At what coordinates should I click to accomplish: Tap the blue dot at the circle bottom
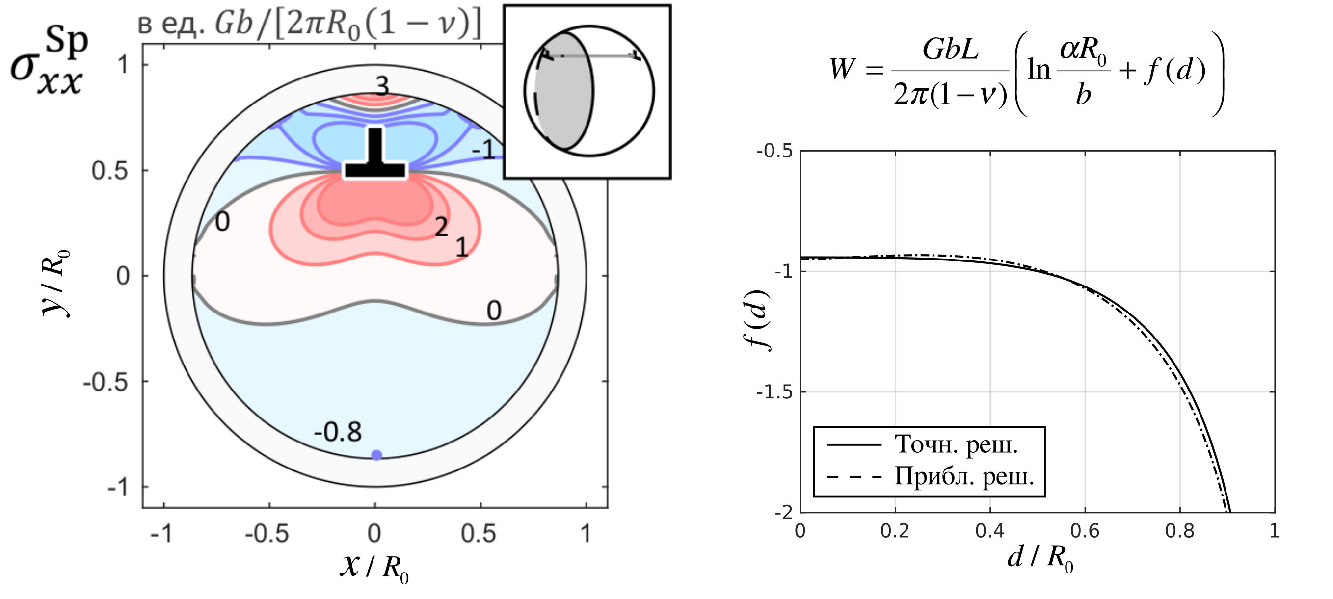coord(377,455)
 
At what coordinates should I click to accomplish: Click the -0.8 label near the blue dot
coord(338,432)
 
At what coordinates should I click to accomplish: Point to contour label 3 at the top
coord(382,86)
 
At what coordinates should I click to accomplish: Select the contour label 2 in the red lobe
coord(441,227)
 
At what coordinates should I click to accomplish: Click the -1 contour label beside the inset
coord(484,150)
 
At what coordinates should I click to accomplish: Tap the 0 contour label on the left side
coord(222,222)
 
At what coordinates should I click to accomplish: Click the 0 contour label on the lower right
coord(494,311)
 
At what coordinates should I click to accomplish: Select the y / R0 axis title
coord(56,283)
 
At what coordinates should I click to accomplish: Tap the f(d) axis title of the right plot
coord(759,320)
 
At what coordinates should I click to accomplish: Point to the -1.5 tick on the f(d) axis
coord(774,392)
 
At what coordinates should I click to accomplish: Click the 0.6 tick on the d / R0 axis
coord(1085,531)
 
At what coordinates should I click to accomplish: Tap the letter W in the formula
coord(842,69)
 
